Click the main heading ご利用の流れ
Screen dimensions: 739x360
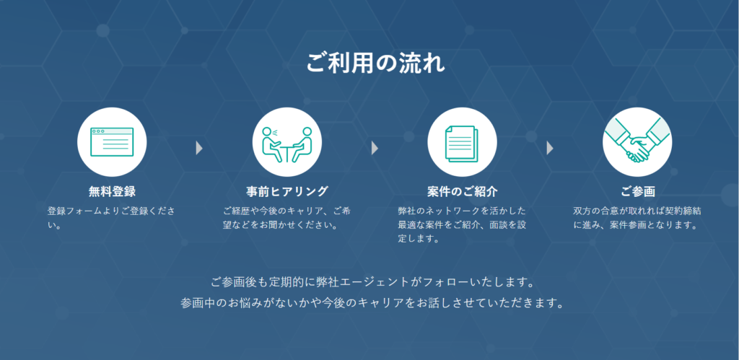pyautogui.click(x=375, y=63)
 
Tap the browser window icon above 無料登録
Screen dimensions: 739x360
pyautogui.click(x=112, y=142)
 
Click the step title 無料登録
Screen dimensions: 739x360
pyautogui.click(x=112, y=192)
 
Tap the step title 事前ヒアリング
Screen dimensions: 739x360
pyautogui.click(x=287, y=192)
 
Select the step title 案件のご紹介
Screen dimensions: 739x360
pyautogui.click(x=463, y=192)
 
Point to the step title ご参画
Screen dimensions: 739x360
pyautogui.click(x=638, y=192)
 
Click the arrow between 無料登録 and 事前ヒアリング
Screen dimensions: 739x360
pyautogui.click(x=199, y=149)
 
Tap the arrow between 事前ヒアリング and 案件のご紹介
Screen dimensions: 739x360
pyautogui.click(x=375, y=149)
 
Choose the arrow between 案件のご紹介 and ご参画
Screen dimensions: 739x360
pyautogui.click(x=549, y=149)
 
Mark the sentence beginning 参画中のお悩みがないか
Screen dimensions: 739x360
pyautogui.click(x=372, y=302)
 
